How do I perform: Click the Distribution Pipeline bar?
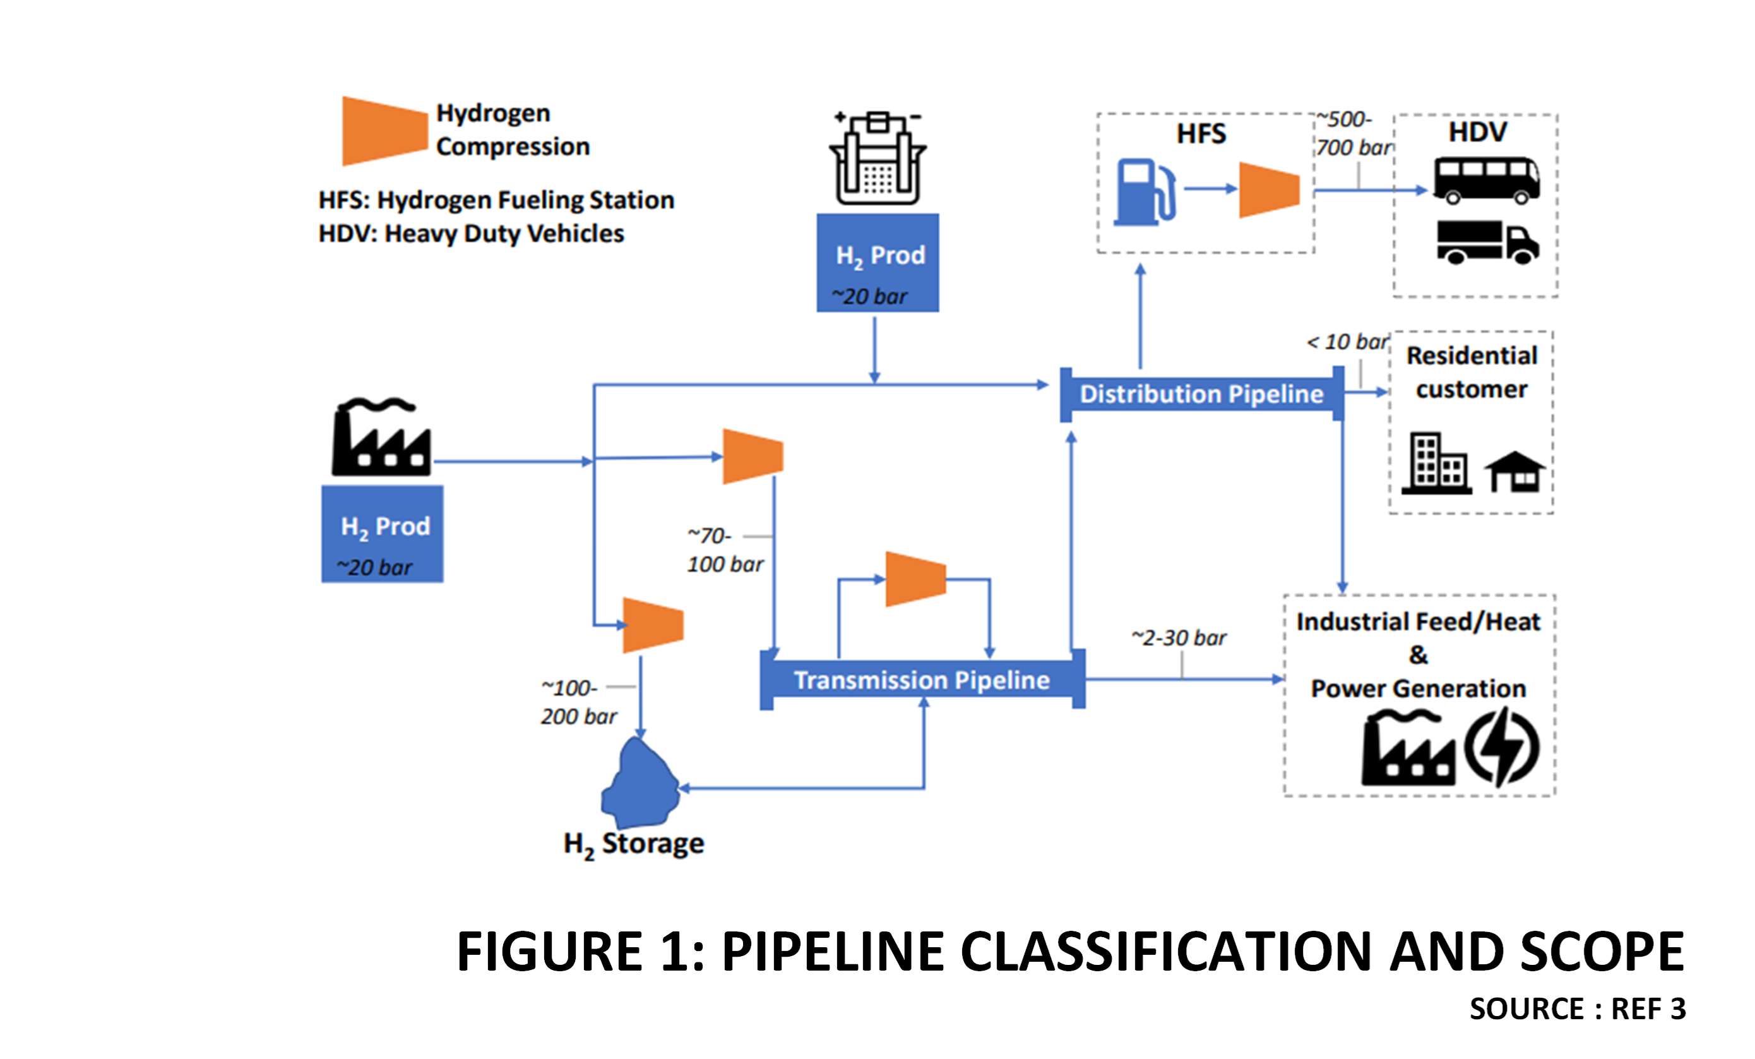click(1201, 394)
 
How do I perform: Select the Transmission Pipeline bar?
click(922, 680)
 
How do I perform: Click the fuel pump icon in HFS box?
click(1144, 193)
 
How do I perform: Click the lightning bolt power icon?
click(1501, 747)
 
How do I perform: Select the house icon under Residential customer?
click(1514, 472)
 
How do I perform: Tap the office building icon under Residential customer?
click(1436, 464)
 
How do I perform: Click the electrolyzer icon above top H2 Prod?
click(877, 159)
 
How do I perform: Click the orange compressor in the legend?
click(384, 131)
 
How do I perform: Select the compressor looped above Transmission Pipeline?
click(915, 578)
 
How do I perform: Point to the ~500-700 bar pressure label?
click(1352, 133)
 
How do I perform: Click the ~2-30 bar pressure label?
click(1179, 637)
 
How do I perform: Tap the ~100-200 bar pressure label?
click(578, 702)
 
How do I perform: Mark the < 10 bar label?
click(1348, 342)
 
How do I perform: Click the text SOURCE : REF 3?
click(1578, 1008)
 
